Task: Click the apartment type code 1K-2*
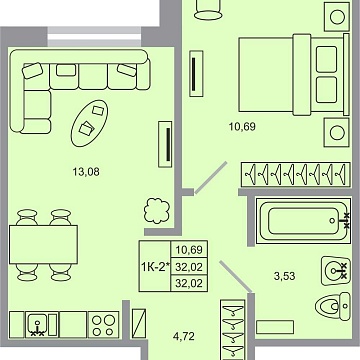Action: coord(152,266)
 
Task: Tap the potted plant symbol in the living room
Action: coord(129,211)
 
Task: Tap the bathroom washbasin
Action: coord(335,269)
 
